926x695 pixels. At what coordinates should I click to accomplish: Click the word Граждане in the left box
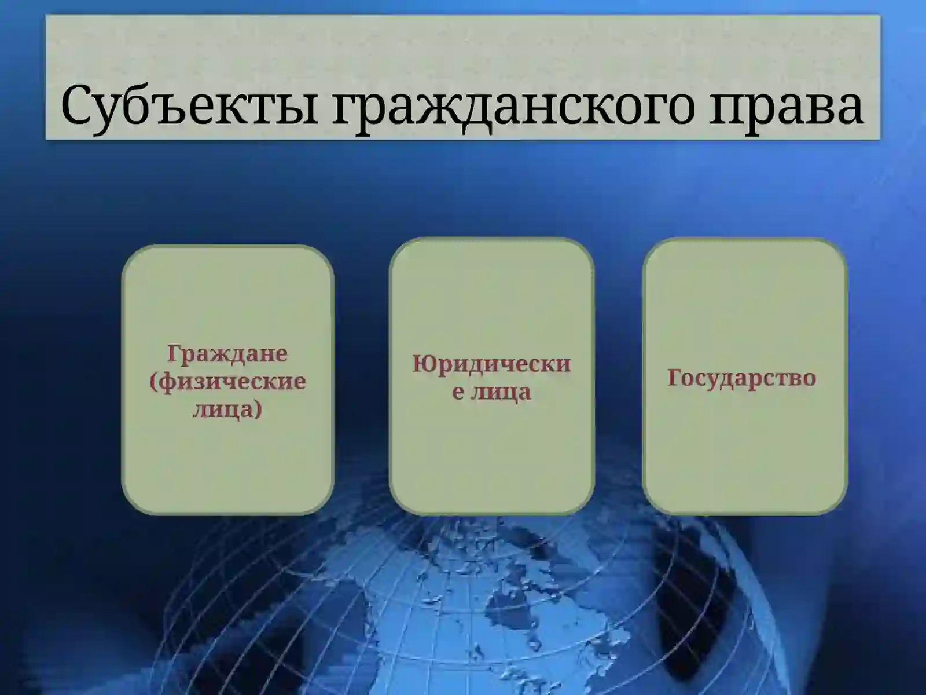(x=227, y=353)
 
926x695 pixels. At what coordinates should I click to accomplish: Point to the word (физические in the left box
(x=227, y=382)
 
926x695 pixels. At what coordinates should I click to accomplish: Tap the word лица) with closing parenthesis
(x=227, y=409)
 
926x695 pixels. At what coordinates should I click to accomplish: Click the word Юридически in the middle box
(x=491, y=364)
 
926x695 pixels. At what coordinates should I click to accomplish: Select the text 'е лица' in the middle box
(x=491, y=392)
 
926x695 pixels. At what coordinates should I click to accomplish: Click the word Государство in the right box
(x=742, y=378)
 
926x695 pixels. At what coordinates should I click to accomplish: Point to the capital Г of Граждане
(x=175, y=353)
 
